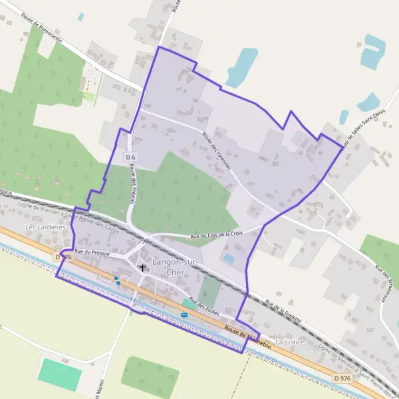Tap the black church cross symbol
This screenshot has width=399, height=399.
142,268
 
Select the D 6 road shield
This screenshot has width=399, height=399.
130,157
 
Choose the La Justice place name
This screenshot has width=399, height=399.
289,342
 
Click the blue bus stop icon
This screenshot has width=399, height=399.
184,316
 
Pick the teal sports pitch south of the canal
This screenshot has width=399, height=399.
60,374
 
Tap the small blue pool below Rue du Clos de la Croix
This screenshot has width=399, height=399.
229,258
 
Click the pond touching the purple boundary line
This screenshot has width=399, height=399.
241,67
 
